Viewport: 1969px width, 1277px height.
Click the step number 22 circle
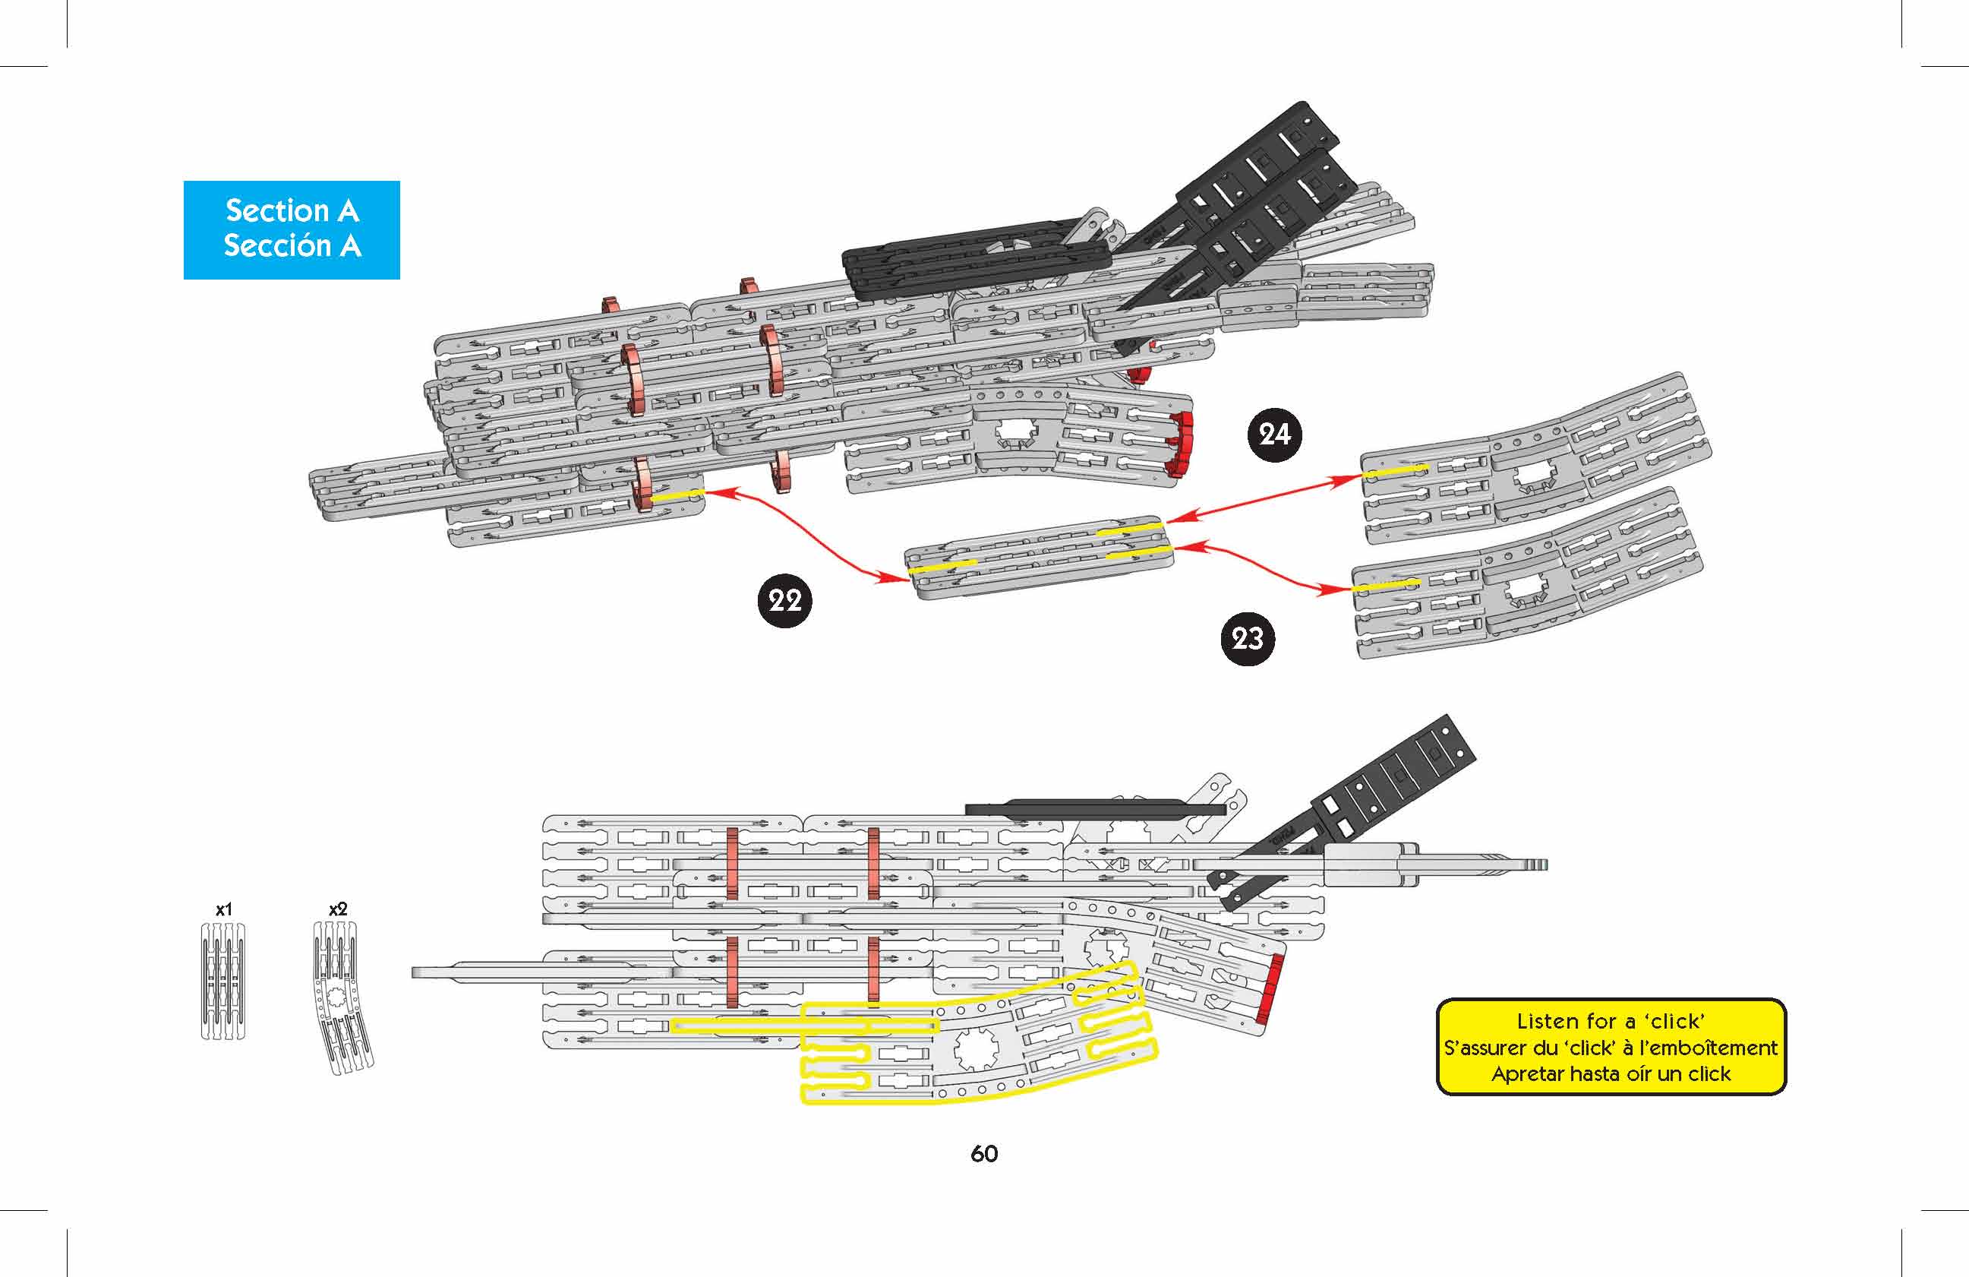click(784, 600)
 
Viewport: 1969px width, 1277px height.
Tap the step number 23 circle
click(1247, 638)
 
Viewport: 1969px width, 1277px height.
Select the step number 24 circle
click(1273, 435)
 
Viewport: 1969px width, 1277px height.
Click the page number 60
click(983, 1154)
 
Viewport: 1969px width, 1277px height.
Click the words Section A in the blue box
click(292, 211)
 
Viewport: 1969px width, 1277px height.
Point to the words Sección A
click(292, 246)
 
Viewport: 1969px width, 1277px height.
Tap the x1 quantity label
click(223, 909)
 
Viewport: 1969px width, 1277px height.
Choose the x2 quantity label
click(338, 909)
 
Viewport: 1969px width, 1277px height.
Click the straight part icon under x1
click(223, 981)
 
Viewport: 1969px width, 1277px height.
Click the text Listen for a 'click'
click(1610, 1021)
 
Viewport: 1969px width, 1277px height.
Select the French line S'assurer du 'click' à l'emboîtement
click(1610, 1048)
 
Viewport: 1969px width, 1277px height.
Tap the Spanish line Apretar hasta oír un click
click(1610, 1074)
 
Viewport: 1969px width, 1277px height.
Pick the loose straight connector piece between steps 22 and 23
click(1038, 556)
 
